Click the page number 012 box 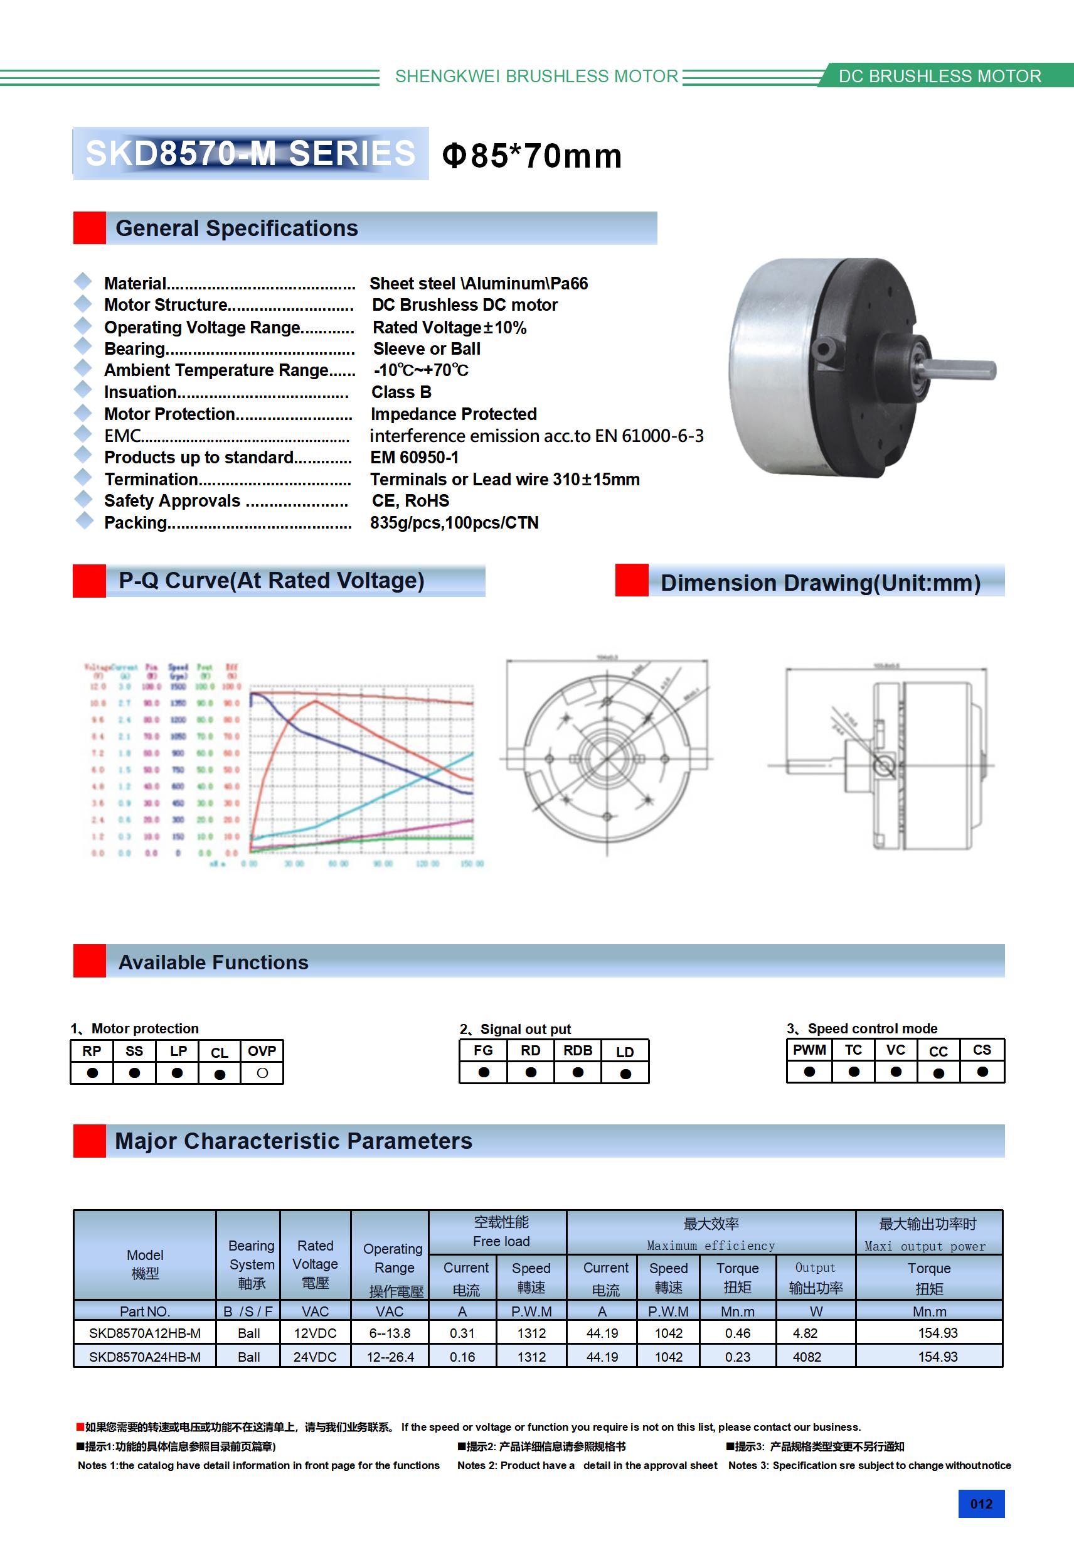981,1504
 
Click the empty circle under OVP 262,1074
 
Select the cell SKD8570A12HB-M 144,1333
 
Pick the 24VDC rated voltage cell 315,1357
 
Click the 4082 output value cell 807,1357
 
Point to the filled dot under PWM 809,1072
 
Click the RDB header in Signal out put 578,1050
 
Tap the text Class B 401,392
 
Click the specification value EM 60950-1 414,458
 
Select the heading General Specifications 237,228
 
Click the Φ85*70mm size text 532,156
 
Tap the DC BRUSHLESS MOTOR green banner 940,76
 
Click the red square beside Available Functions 90,961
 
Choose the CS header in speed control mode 982,1050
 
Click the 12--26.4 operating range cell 390,1357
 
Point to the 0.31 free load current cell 462,1333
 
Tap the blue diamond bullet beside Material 83,281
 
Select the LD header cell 625,1052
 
